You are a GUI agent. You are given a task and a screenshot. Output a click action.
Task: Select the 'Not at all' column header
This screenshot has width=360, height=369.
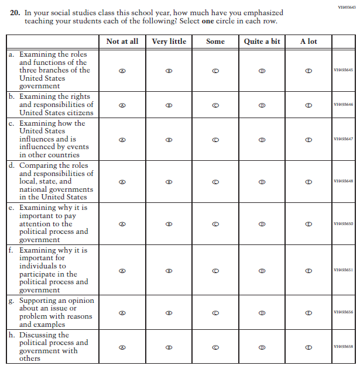tap(122, 42)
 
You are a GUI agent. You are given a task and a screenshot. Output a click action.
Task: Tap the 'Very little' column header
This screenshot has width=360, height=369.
tap(169, 42)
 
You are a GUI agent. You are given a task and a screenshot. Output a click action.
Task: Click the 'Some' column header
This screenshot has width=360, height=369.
tap(215, 42)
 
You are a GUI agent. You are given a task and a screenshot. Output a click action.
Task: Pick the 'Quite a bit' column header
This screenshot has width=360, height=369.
tap(262, 42)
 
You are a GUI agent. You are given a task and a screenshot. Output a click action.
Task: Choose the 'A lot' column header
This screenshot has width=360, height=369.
tap(308, 42)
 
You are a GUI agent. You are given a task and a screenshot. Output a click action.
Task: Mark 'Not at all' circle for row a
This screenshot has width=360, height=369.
tap(122, 70)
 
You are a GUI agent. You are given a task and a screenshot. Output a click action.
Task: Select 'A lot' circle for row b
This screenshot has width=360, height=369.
tap(308, 105)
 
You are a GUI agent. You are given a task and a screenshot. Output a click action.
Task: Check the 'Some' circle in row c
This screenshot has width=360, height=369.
tap(215, 140)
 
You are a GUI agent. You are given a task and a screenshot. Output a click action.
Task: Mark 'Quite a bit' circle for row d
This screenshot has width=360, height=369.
tap(262, 182)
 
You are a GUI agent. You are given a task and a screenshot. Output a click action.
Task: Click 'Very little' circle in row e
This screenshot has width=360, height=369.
tap(169, 224)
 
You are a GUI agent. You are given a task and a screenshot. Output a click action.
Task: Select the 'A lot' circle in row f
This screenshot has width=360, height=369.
tap(308, 270)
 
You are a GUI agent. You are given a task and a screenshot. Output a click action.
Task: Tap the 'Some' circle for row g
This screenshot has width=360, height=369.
tap(215, 313)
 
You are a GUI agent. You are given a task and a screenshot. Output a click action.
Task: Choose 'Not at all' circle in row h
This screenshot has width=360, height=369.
tap(122, 347)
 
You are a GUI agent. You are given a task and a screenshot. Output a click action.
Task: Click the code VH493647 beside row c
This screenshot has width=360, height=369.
tap(343, 139)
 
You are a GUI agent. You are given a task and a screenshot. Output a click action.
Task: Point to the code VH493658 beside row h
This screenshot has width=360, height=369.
tap(343, 346)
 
